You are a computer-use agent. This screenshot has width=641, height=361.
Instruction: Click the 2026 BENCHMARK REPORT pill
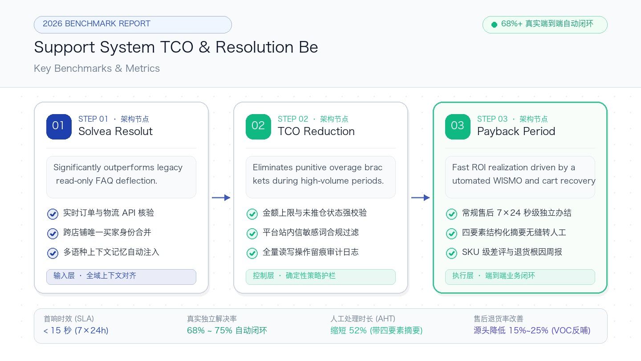click(x=133, y=25)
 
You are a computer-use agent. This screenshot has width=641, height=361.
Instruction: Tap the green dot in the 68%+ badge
click(x=494, y=25)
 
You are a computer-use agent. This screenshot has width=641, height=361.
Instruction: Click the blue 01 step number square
click(x=59, y=127)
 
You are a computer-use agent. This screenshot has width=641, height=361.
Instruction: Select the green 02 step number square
click(x=258, y=127)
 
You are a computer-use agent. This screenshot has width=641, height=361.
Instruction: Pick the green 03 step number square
click(x=458, y=127)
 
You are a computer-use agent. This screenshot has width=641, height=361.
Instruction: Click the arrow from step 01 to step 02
click(x=221, y=198)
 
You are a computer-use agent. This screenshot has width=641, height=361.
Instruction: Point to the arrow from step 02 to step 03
click(x=420, y=198)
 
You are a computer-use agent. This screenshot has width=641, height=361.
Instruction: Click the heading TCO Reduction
click(x=316, y=131)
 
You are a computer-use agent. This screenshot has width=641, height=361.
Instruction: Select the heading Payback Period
click(x=516, y=131)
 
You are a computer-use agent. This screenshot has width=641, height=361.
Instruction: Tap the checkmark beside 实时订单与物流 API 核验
click(x=53, y=214)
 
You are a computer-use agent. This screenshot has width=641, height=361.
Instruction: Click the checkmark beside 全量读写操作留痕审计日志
click(x=252, y=253)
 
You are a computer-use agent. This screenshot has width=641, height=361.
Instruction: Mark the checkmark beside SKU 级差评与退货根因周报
click(x=451, y=253)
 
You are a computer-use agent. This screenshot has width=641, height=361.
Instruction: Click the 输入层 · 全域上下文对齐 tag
click(x=122, y=277)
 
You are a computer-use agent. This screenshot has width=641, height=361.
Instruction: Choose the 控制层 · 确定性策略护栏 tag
click(x=321, y=277)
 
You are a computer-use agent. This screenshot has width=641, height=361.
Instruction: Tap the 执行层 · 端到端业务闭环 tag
click(x=520, y=277)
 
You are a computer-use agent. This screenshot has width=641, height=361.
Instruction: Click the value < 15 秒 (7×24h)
click(x=76, y=330)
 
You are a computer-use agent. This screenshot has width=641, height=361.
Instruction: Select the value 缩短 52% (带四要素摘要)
click(x=377, y=330)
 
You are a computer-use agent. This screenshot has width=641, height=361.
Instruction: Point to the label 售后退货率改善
click(x=499, y=319)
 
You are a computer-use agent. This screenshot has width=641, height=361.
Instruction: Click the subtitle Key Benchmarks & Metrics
click(x=97, y=68)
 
